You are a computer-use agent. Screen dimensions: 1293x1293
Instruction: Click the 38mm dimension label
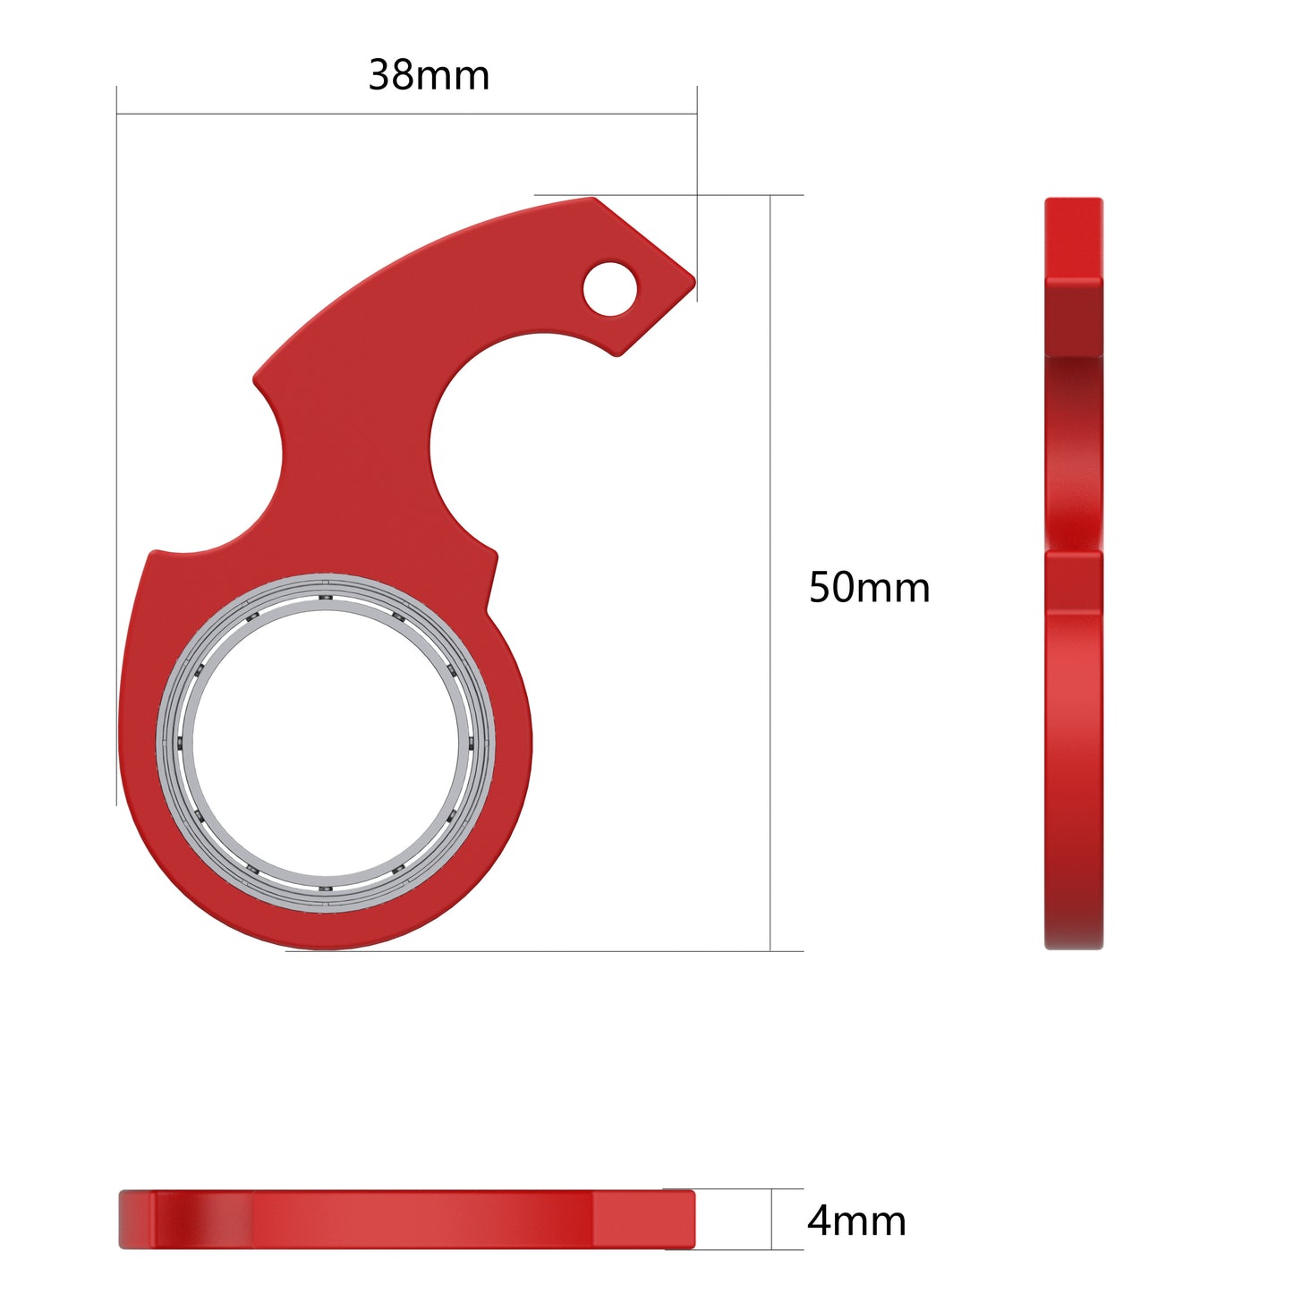pos(429,75)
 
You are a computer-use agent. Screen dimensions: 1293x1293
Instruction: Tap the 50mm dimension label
pos(869,588)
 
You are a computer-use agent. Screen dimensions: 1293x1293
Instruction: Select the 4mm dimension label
pos(856,1221)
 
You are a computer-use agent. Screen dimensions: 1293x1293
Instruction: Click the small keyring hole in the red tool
pos(609,288)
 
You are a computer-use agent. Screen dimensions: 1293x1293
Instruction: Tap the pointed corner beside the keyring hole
pos(693,278)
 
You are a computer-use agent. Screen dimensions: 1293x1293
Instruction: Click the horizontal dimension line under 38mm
pos(407,114)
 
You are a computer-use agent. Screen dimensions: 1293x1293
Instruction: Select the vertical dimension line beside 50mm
pos(770,573)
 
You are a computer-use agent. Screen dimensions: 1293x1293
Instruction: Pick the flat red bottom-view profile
pos(407,1219)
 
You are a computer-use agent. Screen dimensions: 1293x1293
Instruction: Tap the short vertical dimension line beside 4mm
pos(771,1219)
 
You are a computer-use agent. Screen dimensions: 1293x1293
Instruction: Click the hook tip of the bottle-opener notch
pos(615,353)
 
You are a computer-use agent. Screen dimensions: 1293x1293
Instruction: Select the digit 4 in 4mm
pos(819,1221)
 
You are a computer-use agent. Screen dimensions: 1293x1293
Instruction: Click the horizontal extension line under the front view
pos(537,951)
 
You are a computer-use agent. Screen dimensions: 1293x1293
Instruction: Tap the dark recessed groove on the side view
pos(1073,447)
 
